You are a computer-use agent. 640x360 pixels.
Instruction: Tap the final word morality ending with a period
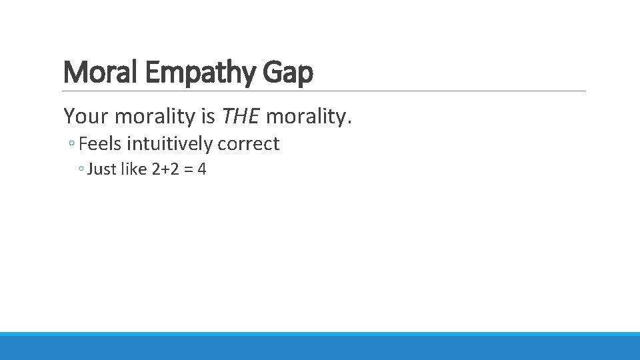tap(308, 117)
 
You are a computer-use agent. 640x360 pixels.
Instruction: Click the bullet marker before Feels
tap(73, 145)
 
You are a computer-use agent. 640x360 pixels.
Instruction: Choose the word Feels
tap(101, 144)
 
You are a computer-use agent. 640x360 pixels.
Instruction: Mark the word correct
tap(248, 144)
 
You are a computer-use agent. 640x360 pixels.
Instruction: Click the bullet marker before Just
tap(81, 170)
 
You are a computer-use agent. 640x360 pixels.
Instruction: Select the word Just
tap(101, 169)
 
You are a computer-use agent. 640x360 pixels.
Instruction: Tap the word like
tap(134, 169)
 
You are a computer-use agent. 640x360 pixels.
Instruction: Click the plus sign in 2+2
tap(165, 170)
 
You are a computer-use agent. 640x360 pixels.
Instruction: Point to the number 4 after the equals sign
tap(201, 169)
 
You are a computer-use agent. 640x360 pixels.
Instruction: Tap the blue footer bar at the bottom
tap(320, 347)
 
